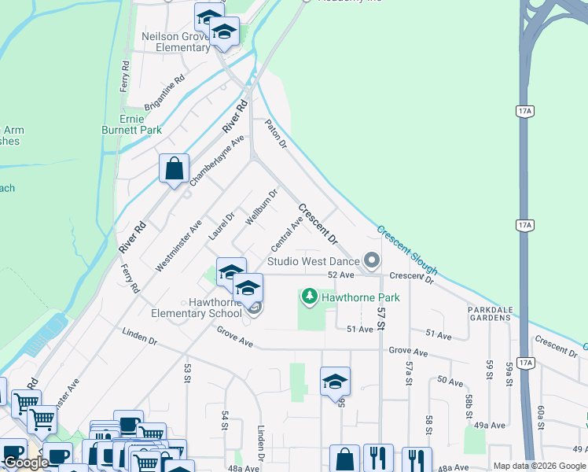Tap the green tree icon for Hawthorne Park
pyautogui.click(x=310, y=297)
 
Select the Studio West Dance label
pyautogui.click(x=312, y=261)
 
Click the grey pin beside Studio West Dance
pyautogui.click(x=372, y=260)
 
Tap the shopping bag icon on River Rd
pyautogui.click(x=174, y=168)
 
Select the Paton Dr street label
pyautogui.click(x=275, y=134)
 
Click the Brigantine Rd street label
pyautogui.click(x=164, y=91)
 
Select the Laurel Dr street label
pyautogui.click(x=222, y=226)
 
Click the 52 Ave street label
pyautogui.click(x=341, y=275)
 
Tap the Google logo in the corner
pyautogui.click(x=25, y=463)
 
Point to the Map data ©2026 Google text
pyautogui.click(x=538, y=466)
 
